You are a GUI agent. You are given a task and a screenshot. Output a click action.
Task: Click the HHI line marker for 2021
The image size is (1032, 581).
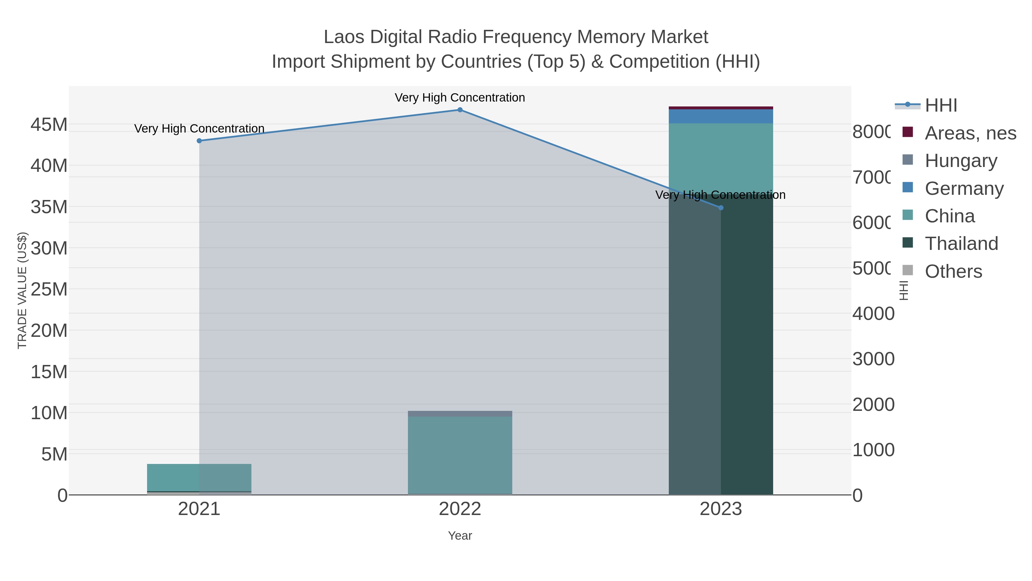[199, 141]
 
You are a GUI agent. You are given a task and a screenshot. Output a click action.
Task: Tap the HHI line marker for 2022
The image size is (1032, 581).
[460, 110]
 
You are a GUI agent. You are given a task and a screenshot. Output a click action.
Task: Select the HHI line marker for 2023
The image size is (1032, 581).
[721, 208]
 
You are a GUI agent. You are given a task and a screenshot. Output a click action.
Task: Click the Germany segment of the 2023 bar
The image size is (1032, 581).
[721, 116]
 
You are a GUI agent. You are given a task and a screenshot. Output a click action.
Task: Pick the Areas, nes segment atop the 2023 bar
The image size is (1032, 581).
[721, 108]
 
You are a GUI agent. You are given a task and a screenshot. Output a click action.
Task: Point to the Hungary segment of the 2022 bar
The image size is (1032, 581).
[460, 413]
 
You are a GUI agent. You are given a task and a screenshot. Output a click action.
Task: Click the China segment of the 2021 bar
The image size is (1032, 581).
[199, 477]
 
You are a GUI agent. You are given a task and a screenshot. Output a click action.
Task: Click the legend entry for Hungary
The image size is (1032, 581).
[960, 161]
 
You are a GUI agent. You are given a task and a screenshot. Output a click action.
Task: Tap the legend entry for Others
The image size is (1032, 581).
[953, 271]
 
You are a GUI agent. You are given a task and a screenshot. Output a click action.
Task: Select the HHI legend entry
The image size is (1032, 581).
[940, 106]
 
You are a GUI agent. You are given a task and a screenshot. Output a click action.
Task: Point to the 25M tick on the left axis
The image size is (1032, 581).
[49, 289]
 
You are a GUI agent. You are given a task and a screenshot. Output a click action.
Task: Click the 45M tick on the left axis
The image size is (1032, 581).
[49, 125]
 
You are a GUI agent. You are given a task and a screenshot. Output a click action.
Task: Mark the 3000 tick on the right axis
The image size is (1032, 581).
[873, 359]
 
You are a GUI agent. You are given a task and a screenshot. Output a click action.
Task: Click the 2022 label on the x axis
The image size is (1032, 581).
[460, 509]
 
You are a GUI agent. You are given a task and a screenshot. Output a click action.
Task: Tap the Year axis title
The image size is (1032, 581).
[460, 536]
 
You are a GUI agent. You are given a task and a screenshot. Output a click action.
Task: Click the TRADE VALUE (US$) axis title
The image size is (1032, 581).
[22, 290]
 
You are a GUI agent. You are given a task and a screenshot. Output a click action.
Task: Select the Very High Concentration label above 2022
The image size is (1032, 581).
[460, 98]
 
